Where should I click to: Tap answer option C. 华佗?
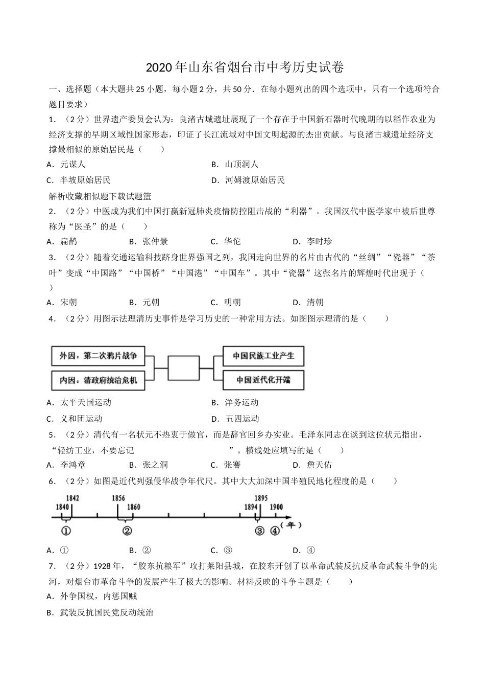pyautogui.click(x=226, y=242)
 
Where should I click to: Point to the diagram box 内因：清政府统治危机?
pyautogui.click(x=98, y=380)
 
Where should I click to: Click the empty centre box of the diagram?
pyautogui.click(x=183, y=368)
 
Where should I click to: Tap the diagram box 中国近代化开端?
pyautogui.click(x=263, y=380)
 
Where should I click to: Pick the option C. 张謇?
pyautogui.click(x=226, y=465)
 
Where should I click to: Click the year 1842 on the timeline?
pyautogui.click(x=72, y=498)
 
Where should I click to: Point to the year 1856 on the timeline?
pyautogui.click(x=118, y=498)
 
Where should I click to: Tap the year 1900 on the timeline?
pyautogui.click(x=276, y=507)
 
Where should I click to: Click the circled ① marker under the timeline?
pyautogui.click(x=66, y=531)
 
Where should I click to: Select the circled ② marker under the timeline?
pyautogui.click(x=127, y=531)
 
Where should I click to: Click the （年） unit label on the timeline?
pyautogui.click(x=292, y=525)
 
